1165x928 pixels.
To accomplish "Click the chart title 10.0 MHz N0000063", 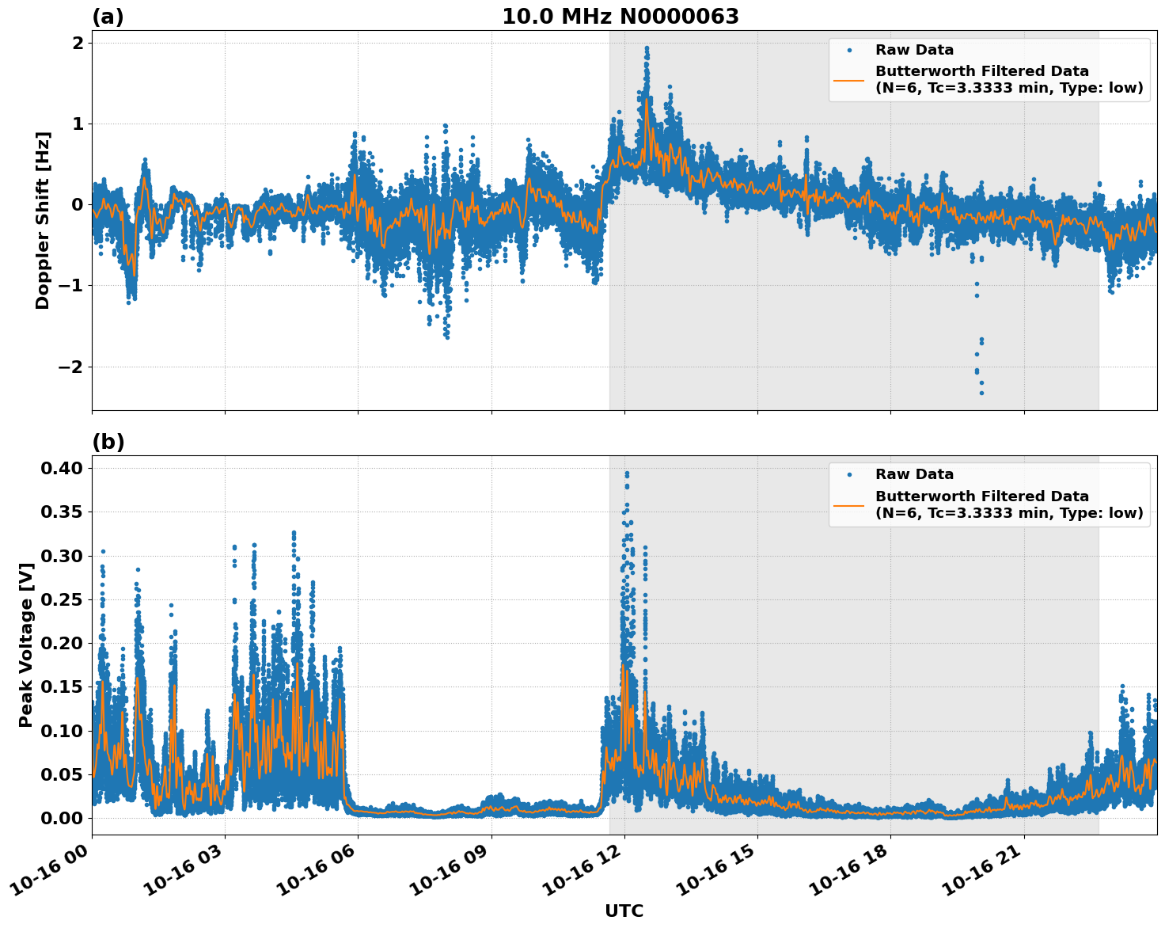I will pyautogui.click(x=620, y=17).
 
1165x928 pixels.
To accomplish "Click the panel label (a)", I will pyautogui.click(x=108, y=17).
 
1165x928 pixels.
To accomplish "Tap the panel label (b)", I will pyautogui.click(x=108, y=442).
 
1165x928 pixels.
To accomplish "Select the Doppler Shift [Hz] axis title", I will pyautogui.click(x=43, y=220).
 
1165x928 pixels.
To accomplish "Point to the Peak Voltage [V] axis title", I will pyautogui.click(x=26, y=645).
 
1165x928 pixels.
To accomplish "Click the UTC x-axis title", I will pyautogui.click(x=624, y=911).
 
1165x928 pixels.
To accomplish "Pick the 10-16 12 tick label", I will pyautogui.click(x=590, y=874).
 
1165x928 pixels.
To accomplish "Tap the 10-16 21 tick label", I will pyautogui.click(x=990, y=874).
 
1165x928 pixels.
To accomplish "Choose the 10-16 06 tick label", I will pyautogui.click(x=324, y=874).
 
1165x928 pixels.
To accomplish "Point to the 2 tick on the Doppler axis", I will pyautogui.click(x=78, y=43).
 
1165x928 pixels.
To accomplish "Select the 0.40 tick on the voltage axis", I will pyautogui.click(x=63, y=468).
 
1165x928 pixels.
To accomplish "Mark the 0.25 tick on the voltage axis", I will pyautogui.click(x=63, y=599).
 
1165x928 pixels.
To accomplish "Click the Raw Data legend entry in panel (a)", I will pyautogui.click(x=914, y=50).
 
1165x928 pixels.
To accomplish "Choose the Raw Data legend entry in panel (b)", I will pyautogui.click(x=914, y=474).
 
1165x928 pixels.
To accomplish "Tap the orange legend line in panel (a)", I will pyautogui.click(x=849, y=80).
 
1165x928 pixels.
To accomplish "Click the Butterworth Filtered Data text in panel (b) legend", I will pyautogui.click(x=981, y=496).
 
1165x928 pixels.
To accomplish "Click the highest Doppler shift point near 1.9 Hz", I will pyautogui.click(x=647, y=48).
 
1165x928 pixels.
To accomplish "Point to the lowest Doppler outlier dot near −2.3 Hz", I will pyautogui.click(x=981, y=393).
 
